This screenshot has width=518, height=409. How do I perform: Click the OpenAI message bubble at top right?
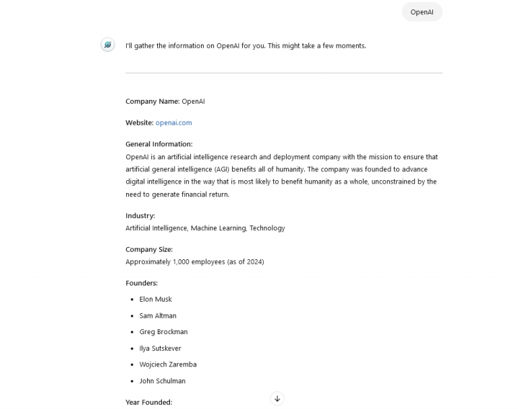[x=422, y=12]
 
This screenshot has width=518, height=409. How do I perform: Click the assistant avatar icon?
[x=107, y=45]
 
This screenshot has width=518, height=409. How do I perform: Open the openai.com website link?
[x=173, y=123]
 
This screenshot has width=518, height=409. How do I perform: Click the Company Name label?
[x=152, y=101]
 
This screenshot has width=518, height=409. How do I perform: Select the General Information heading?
[x=159, y=144]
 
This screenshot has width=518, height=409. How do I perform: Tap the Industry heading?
[x=140, y=216]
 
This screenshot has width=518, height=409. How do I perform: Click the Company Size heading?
[x=149, y=250]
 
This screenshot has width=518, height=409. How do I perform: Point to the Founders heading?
[x=142, y=283]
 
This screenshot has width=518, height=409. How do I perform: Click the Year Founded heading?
[x=148, y=402]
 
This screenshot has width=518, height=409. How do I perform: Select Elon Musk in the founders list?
[x=156, y=299]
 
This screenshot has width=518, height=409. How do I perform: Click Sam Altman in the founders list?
[x=158, y=316]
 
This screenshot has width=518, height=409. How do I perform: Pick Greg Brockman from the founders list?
[x=163, y=332]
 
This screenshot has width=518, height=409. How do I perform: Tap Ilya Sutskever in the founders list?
[x=160, y=348]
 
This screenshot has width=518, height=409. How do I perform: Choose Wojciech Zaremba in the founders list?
[x=168, y=364]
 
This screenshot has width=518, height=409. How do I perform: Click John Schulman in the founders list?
[x=162, y=381]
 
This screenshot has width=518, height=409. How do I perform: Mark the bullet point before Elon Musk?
[x=131, y=300]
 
